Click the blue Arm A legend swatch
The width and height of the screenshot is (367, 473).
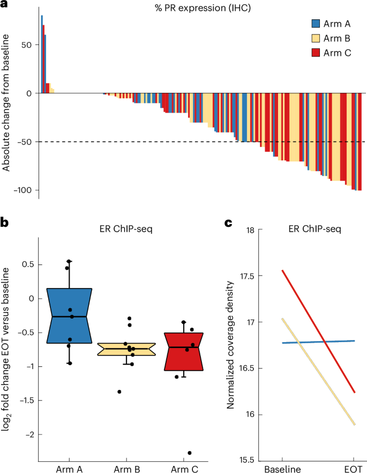pos(316,24)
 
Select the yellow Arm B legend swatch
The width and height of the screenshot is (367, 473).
pos(316,38)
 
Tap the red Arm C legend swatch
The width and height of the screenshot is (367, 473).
pos(316,52)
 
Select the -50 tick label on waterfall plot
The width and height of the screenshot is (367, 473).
pos(25,142)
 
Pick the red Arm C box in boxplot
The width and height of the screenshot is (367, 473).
pos(183,352)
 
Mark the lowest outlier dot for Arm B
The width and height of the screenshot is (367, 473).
pos(119,392)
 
